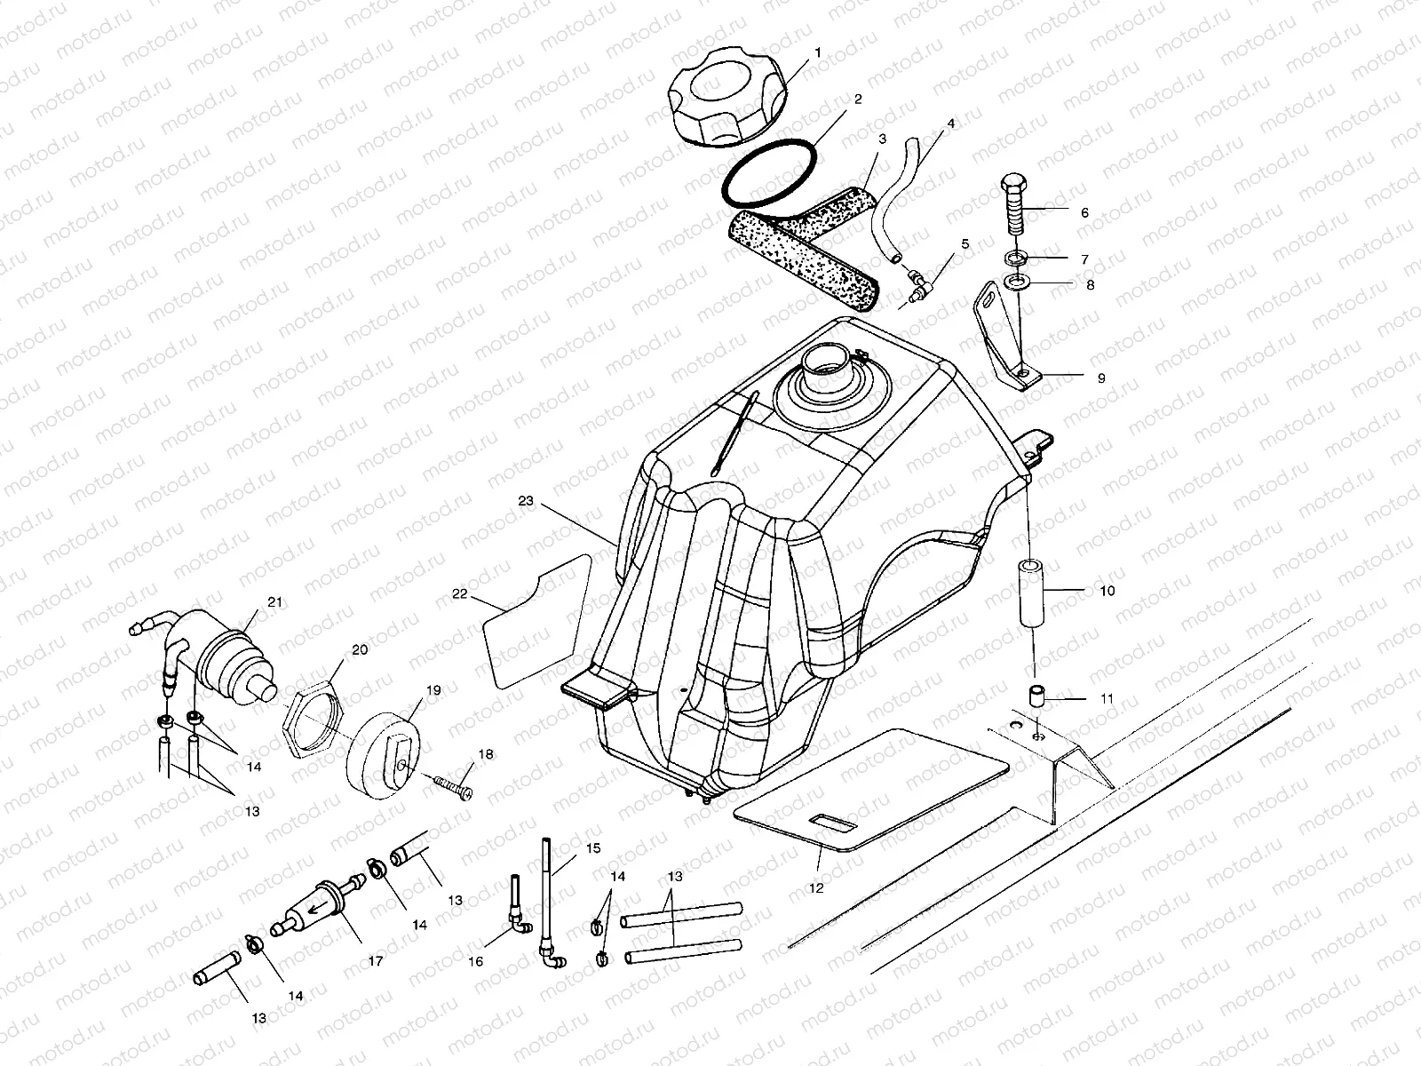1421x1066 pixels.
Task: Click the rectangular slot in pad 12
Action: coord(834,822)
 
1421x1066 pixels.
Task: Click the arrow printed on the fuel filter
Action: coord(315,905)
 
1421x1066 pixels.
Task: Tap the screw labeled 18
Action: coord(453,785)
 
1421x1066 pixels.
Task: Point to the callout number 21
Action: coord(274,602)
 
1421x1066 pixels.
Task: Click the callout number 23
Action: coord(526,501)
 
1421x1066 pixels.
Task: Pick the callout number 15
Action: coord(593,849)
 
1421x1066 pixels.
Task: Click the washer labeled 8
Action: coord(1012,283)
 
